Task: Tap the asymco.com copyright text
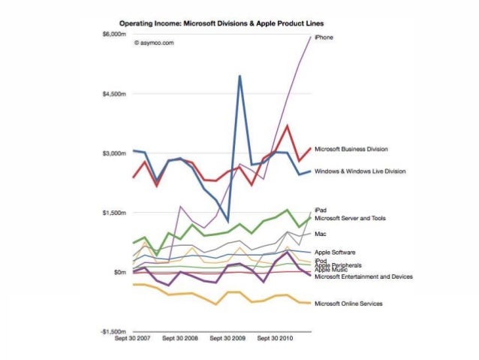pos(154,44)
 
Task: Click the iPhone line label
pos(324,37)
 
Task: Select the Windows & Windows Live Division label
pos(360,171)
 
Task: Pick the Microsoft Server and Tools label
pos(350,218)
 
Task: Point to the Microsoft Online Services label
pos(348,304)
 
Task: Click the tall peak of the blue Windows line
pos(239,76)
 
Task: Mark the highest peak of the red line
pos(288,126)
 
